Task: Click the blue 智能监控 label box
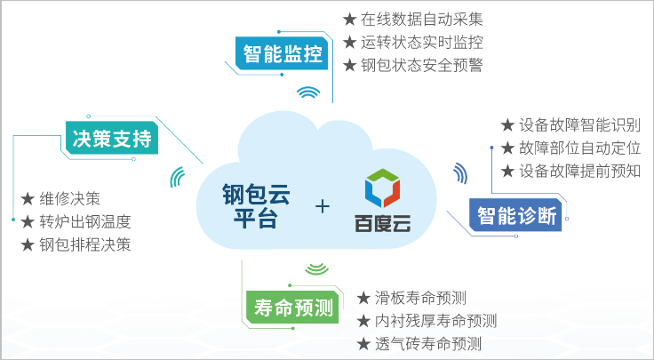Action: click(282, 54)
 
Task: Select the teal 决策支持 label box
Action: click(112, 138)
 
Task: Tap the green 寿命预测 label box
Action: click(293, 308)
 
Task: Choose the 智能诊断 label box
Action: click(515, 215)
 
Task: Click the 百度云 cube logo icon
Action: click(382, 188)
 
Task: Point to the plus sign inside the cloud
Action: click(323, 206)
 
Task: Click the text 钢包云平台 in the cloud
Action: click(256, 206)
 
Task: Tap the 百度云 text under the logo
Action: click(382, 223)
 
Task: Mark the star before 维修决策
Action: click(28, 199)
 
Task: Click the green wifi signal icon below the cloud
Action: click(317, 269)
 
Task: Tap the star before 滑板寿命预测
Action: click(363, 298)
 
